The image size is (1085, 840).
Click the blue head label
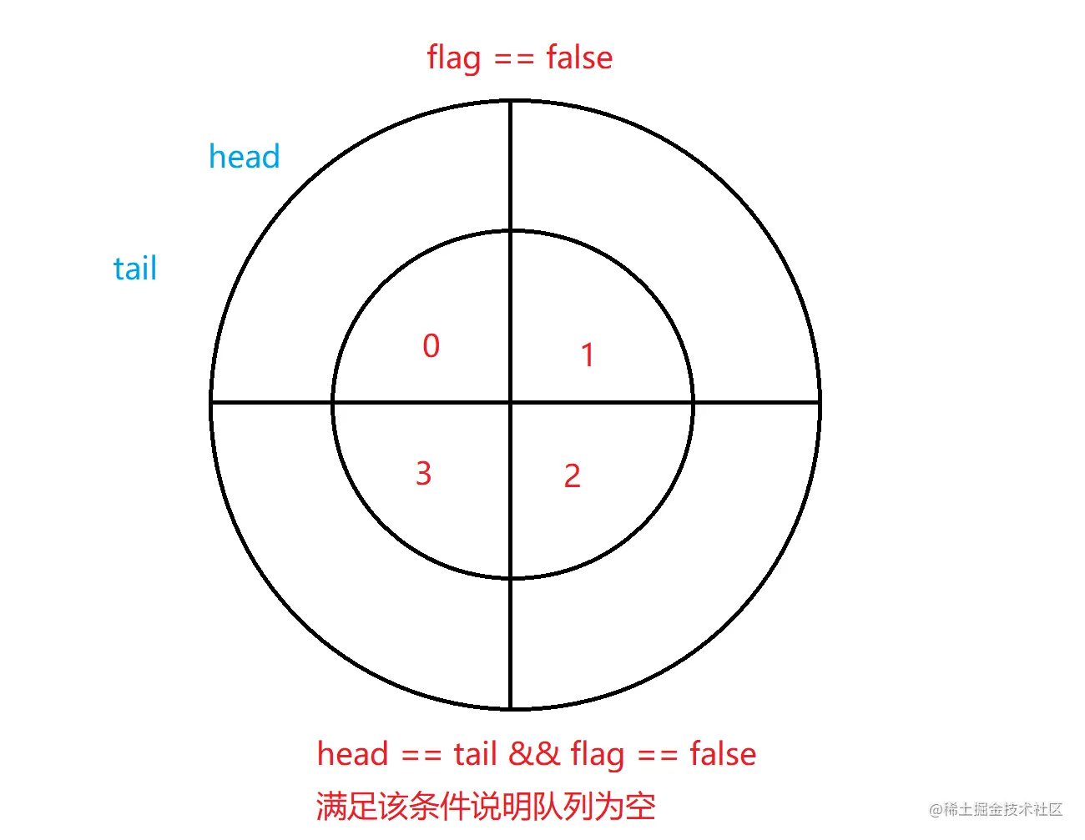[x=244, y=157]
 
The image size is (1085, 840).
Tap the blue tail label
[x=135, y=269]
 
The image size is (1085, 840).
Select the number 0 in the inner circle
[x=431, y=346]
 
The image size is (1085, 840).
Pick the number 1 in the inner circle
[x=588, y=355]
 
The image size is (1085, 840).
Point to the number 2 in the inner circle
[x=572, y=476]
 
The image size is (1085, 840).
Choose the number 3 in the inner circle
[x=423, y=474]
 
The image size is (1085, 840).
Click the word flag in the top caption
[x=454, y=58]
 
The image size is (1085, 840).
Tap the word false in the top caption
[x=579, y=58]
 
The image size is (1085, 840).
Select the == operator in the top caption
[x=513, y=59]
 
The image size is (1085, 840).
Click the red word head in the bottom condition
[x=352, y=754]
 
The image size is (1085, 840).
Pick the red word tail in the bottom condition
[x=475, y=754]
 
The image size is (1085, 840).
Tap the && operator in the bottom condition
[x=534, y=754]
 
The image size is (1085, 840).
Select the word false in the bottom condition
[x=723, y=754]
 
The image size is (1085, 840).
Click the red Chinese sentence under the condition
[x=486, y=806]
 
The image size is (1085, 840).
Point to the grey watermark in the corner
[x=996, y=809]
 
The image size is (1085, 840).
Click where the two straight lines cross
[x=511, y=403]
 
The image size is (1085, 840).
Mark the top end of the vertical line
[x=511, y=102]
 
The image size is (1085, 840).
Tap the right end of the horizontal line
[x=819, y=403]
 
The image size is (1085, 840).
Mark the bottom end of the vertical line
[x=511, y=708]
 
